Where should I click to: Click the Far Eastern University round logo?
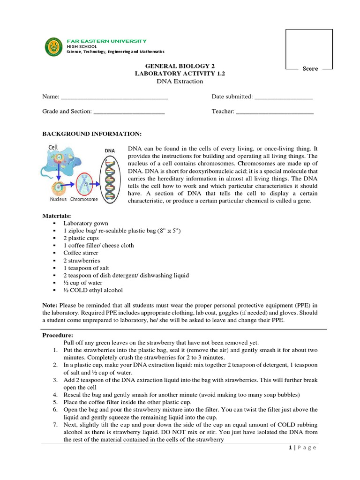53,47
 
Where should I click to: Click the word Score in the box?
310,69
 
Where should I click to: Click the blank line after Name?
114,97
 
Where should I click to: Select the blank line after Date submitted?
283,97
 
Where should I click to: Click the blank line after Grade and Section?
129,112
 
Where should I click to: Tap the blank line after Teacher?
274,112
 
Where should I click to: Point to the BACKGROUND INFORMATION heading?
92,134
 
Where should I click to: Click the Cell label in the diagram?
53,147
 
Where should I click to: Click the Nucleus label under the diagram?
59,199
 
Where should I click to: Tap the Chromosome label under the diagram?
84,199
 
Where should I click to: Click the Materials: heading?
57,216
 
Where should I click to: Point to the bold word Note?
50,305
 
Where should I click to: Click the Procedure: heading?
58,335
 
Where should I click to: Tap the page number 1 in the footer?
290,448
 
